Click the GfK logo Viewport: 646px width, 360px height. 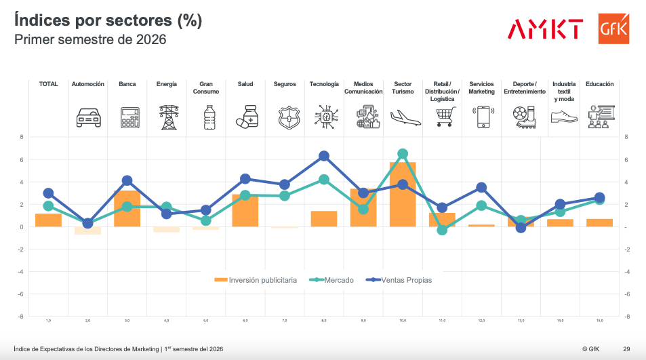click(613, 28)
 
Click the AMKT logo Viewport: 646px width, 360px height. click(545, 29)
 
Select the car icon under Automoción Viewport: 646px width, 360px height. click(88, 117)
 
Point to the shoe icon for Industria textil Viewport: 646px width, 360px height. click(564, 117)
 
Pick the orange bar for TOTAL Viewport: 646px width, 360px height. click(48, 220)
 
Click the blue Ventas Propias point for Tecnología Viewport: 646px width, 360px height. click(324, 156)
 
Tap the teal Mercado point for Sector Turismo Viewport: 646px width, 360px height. click(403, 154)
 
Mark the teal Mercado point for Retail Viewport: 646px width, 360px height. click(442, 231)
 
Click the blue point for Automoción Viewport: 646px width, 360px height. click(87, 223)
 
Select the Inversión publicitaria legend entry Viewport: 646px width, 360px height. click(256, 279)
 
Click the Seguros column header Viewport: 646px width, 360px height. click(285, 84)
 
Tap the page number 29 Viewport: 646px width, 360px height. click(627, 349)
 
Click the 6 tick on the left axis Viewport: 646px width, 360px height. click(22, 160)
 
